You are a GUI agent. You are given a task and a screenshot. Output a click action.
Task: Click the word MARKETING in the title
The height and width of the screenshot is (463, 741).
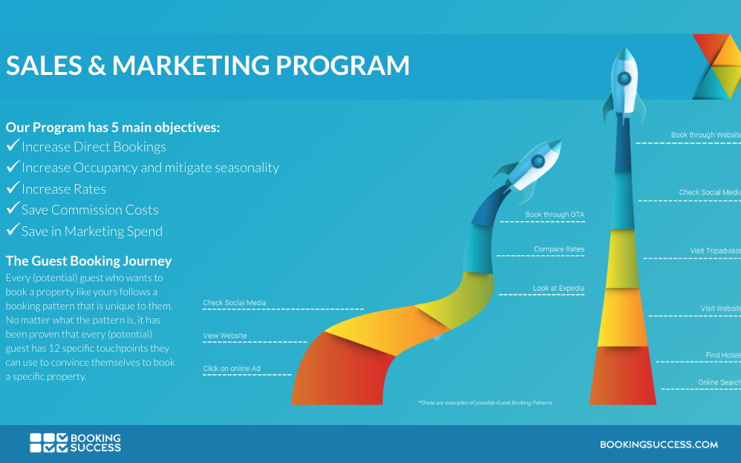tap(191, 65)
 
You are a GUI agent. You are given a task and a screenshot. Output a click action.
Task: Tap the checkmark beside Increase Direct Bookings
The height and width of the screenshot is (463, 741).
tap(13, 145)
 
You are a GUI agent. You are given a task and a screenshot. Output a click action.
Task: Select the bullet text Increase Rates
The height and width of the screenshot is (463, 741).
tap(64, 189)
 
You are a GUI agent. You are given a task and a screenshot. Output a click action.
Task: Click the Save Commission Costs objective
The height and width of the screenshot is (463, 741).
tap(90, 210)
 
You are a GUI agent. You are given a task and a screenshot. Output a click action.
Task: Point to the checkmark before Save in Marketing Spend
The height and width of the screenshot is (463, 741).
tap(13, 229)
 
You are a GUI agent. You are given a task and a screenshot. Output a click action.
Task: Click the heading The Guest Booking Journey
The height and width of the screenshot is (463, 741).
tap(88, 260)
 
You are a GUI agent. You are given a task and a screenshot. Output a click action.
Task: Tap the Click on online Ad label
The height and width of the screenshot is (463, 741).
tap(232, 369)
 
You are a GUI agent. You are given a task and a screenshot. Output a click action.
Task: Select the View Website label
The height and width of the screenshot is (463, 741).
tap(225, 336)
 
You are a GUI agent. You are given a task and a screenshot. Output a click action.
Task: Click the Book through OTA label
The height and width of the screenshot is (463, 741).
tap(555, 214)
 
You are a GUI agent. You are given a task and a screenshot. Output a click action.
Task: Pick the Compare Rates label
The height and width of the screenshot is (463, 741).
tap(559, 249)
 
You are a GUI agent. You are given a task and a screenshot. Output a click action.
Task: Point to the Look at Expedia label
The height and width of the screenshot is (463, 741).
tap(558, 288)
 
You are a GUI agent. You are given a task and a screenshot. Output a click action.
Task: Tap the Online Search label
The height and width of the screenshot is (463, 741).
tap(719, 383)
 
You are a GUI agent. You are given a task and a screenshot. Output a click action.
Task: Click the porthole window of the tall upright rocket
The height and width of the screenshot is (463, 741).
tap(624, 79)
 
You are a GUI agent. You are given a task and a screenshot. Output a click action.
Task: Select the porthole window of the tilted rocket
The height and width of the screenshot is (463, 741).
tap(538, 162)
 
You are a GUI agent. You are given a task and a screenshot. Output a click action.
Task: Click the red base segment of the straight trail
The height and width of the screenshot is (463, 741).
tap(622, 375)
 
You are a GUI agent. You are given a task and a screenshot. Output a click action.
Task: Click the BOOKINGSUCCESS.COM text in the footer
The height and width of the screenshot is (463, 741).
tap(659, 444)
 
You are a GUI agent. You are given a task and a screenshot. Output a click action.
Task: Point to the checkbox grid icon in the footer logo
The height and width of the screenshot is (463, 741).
tap(49, 443)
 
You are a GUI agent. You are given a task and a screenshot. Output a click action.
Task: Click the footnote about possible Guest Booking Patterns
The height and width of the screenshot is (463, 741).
tap(485, 403)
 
